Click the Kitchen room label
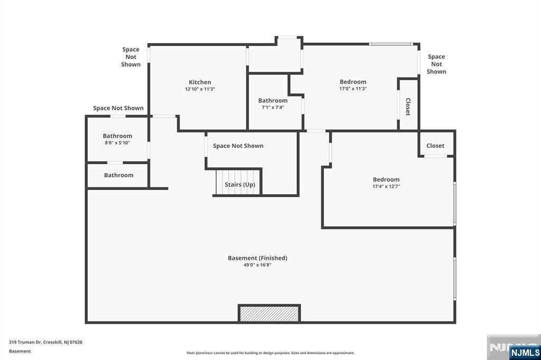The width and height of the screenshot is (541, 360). point(200,82)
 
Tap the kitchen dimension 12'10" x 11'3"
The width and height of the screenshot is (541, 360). point(200,89)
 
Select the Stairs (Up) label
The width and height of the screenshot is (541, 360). point(240,184)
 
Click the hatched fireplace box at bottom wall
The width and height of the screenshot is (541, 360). point(269,314)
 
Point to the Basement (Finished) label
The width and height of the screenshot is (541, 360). point(257,258)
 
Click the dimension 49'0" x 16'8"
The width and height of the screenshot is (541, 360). point(257,265)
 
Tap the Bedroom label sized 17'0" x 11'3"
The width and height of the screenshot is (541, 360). point(353,81)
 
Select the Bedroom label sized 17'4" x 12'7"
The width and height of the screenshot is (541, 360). point(386,179)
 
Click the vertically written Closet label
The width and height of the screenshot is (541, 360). point(408,107)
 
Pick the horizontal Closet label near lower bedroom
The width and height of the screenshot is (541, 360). point(435,146)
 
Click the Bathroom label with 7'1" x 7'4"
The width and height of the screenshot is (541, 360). point(273,100)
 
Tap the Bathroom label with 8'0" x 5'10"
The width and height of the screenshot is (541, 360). point(117,136)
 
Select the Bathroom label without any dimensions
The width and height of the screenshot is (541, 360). point(118,175)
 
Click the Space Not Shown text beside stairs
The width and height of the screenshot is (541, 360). point(238,146)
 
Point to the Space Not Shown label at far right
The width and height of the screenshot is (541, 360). point(436,64)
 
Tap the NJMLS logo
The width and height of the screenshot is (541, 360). point(524,352)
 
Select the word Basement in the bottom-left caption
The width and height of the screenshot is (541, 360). point(20,351)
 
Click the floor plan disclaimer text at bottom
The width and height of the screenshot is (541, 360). point(270,353)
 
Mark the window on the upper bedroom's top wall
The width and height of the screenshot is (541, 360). point(391,44)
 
